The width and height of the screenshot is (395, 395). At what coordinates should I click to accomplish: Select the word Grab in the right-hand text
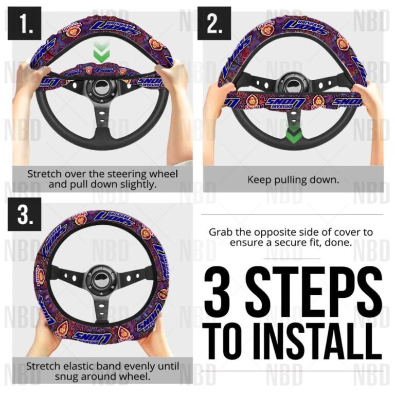coord(220,232)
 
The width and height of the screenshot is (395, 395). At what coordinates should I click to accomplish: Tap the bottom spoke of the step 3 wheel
coord(101,311)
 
